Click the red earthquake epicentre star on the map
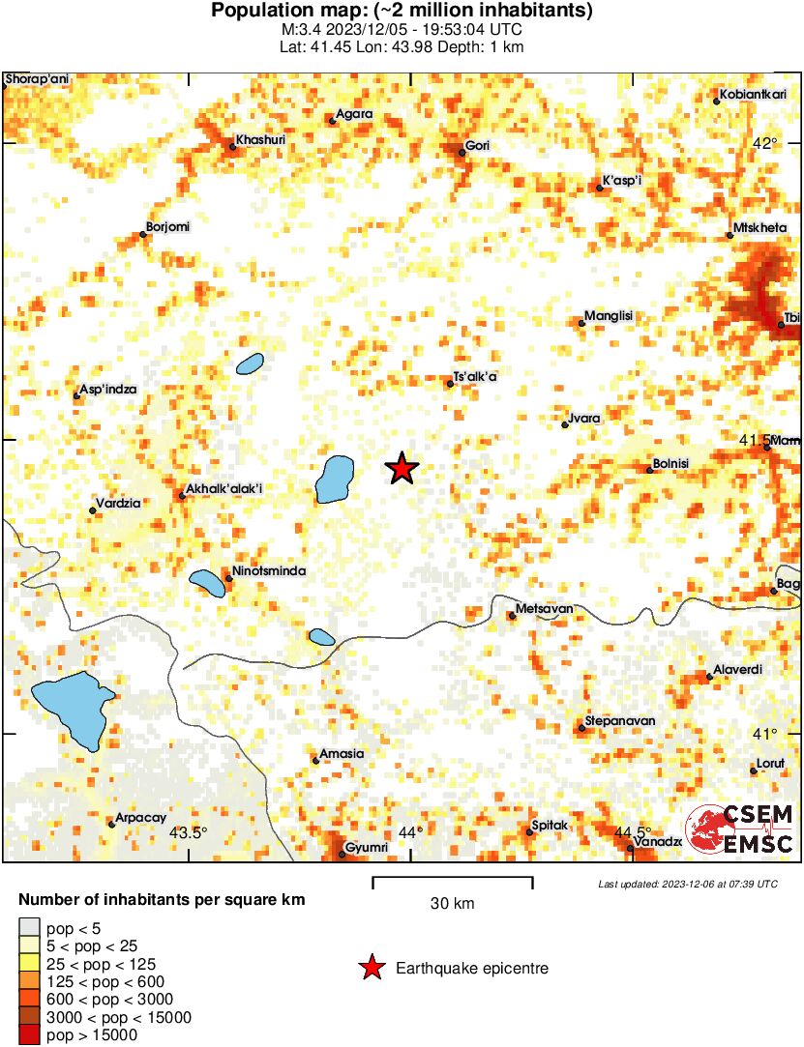(x=402, y=469)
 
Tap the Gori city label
(x=478, y=146)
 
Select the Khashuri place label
(x=262, y=141)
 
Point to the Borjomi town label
(x=167, y=227)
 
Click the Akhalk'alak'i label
(x=223, y=488)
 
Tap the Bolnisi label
(x=671, y=464)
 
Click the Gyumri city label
(x=368, y=848)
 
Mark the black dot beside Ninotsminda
(x=228, y=578)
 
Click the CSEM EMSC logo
(x=740, y=830)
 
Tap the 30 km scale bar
(x=453, y=880)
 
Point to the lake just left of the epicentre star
(x=335, y=479)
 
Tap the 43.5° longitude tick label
(x=189, y=832)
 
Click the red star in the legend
(x=370, y=967)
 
